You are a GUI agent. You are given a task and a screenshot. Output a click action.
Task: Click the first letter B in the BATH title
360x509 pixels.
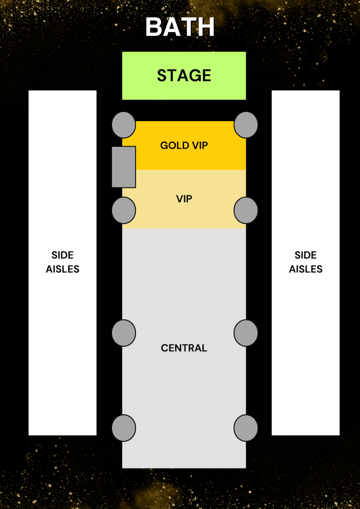tap(154, 27)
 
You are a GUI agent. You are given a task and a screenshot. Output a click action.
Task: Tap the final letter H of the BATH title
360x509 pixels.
tap(206, 27)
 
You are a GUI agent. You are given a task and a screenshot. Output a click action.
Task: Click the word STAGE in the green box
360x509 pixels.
tap(184, 75)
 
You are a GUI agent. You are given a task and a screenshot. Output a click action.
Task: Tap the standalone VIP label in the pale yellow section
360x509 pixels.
tap(184, 199)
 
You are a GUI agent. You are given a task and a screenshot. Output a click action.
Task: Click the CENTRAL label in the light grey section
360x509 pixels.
tap(184, 348)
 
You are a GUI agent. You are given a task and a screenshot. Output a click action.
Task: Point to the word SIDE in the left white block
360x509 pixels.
tap(63, 255)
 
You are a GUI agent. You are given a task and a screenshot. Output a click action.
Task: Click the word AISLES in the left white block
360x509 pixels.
tap(63, 269)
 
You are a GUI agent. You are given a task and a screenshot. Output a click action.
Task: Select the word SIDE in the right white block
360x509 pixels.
tap(306, 255)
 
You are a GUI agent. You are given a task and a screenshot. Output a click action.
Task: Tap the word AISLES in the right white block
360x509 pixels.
tap(306, 269)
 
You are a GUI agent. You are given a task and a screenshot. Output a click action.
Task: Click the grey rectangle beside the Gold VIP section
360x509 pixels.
tap(123, 167)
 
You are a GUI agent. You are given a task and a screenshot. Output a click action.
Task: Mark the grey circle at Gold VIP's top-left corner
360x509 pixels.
tap(123, 125)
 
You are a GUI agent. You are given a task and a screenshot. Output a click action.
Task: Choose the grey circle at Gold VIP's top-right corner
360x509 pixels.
tap(246, 125)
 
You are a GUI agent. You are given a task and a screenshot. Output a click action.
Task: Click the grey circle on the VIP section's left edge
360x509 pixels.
tap(123, 210)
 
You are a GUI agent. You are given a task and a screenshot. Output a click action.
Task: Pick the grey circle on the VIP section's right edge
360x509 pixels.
tap(246, 210)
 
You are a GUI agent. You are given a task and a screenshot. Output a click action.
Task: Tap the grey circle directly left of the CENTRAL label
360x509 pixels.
tap(123, 333)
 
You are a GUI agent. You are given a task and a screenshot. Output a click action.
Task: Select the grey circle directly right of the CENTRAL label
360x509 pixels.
tap(246, 333)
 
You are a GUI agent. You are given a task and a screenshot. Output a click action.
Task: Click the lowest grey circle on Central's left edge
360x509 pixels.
tap(123, 428)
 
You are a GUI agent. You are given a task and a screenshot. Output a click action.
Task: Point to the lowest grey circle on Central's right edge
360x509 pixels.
tap(246, 428)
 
